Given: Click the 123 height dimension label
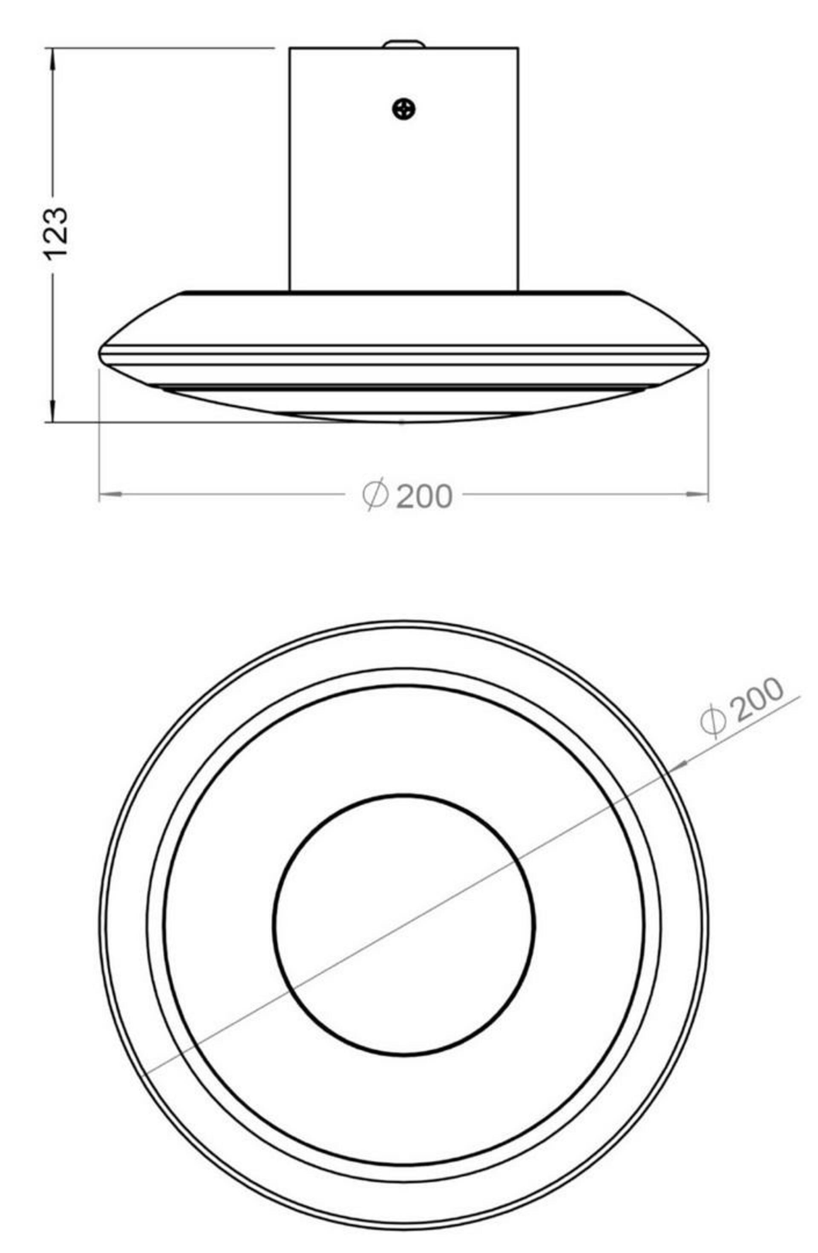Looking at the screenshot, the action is (x=55, y=233).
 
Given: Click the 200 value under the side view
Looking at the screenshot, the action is (x=424, y=495).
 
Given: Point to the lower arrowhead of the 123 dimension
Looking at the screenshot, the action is (x=52, y=411).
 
